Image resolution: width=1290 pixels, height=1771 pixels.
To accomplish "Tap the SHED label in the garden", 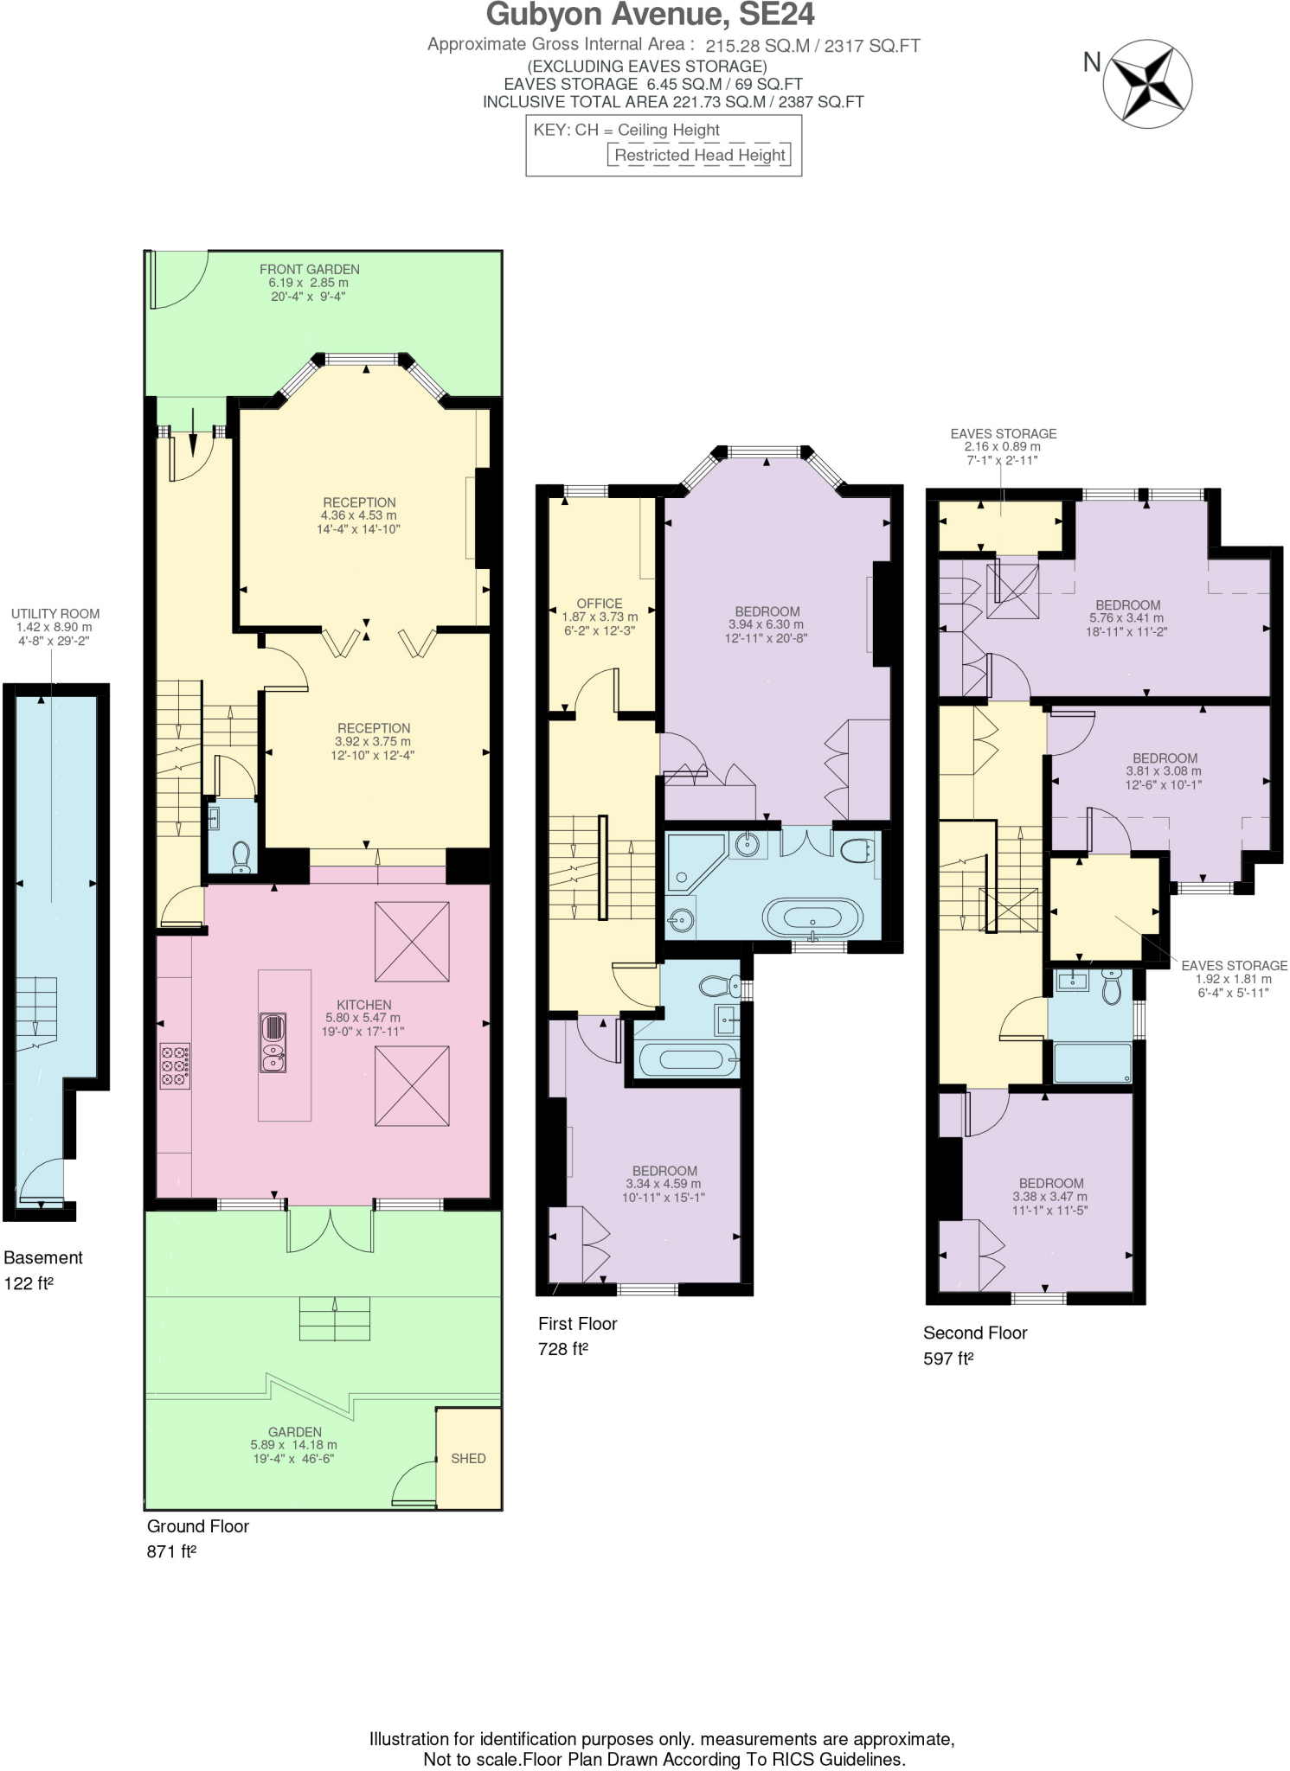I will (x=468, y=1458).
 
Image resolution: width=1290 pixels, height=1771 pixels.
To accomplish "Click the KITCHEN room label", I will (x=364, y=1005).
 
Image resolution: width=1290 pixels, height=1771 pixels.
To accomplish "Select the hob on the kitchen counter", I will (x=176, y=1066).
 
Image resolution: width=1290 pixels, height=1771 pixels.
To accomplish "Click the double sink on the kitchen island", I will (x=273, y=1042).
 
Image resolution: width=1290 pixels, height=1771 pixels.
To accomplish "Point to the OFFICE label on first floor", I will (x=600, y=604).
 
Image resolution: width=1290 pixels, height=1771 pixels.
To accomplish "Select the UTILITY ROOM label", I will (x=55, y=614).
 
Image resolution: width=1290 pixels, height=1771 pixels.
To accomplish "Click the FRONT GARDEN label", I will (x=309, y=269).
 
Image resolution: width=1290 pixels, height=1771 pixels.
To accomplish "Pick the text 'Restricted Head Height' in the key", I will (x=699, y=156).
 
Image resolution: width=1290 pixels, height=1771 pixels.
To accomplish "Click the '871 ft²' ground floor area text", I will (x=171, y=1551).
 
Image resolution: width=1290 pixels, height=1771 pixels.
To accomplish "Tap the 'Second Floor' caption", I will (x=975, y=1333).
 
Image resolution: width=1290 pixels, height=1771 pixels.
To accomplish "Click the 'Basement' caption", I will (x=43, y=1257).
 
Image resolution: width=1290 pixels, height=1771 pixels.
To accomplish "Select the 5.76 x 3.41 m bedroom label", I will (x=1127, y=605).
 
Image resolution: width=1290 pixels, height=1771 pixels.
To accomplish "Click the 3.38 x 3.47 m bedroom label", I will (x=1051, y=1184).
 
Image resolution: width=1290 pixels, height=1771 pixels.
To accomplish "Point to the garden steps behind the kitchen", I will (x=335, y=1318).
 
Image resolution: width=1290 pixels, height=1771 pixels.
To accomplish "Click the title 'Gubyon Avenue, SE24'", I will (x=650, y=16).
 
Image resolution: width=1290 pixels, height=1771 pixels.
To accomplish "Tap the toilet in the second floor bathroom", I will (x=1112, y=986).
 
